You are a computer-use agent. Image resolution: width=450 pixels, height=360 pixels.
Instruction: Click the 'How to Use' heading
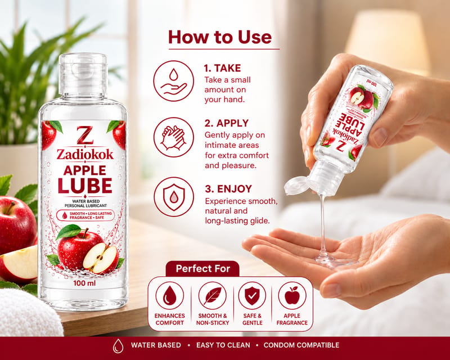[220, 37]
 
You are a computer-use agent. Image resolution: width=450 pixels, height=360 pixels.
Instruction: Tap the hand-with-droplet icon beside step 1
[174, 81]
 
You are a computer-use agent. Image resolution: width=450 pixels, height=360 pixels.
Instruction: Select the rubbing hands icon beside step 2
[174, 137]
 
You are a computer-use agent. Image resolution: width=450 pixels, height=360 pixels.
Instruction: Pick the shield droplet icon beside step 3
[174, 197]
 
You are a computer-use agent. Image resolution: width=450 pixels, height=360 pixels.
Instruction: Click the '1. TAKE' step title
[222, 68]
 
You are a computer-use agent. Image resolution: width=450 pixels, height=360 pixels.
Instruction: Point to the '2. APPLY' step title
[227, 123]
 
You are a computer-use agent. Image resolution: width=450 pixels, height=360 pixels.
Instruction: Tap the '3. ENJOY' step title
[228, 188]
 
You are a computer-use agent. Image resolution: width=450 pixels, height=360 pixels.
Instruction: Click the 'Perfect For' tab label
[203, 268]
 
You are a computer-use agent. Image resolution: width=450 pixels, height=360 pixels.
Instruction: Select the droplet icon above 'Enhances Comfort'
[170, 296]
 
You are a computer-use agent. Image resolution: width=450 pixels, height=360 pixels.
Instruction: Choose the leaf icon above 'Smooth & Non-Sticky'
[213, 296]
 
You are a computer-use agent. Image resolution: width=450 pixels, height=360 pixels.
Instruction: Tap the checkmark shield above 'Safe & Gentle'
[252, 296]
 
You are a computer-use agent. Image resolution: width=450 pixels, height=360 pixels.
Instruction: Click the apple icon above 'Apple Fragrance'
[292, 296]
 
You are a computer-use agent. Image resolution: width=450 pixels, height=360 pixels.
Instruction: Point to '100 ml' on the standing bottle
[84, 283]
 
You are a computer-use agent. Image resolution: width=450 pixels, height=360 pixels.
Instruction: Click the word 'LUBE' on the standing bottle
[85, 186]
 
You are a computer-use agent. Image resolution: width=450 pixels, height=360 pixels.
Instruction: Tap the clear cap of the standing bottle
[83, 75]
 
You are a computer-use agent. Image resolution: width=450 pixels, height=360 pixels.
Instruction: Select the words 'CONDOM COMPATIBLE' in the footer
[301, 345]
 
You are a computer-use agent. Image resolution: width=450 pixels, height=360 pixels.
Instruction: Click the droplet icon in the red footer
[118, 345]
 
